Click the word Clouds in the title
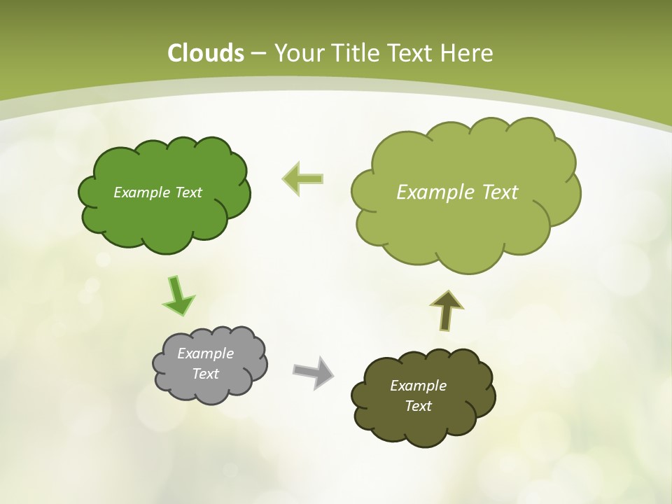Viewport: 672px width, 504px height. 206,53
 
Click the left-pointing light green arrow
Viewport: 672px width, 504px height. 302,179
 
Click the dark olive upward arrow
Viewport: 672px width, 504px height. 446,310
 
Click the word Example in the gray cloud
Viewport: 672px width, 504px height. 205,353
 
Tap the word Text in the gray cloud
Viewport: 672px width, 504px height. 205,374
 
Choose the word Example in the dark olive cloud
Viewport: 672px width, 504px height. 418,386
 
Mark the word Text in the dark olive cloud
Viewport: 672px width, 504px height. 418,406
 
